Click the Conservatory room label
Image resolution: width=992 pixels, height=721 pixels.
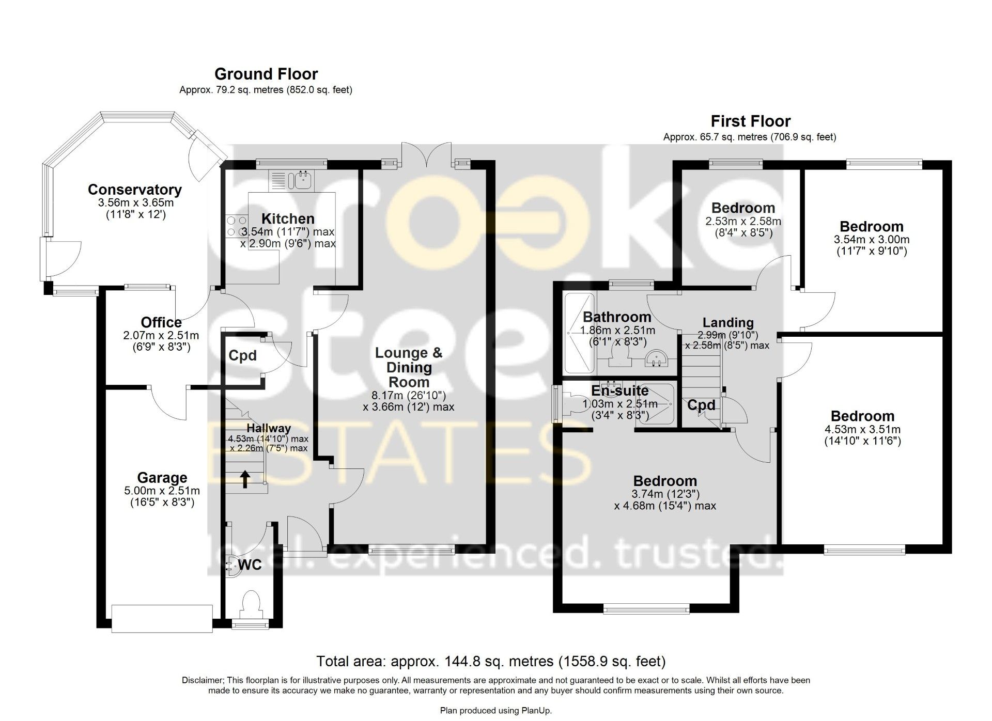click(x=134, y=190)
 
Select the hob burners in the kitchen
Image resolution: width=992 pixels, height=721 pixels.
click(x=236, y=226)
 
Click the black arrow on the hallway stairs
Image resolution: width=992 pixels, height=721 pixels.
click(x=245, y=479)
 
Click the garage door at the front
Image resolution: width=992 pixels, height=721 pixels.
click(x=162, y=618)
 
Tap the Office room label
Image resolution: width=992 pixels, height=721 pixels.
click(x=161, y=322)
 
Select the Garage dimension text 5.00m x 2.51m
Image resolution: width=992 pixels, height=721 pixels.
click(x=162, y=491)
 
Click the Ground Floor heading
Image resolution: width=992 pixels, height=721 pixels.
click(x=266, y=74)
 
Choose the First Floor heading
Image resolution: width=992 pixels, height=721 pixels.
click(x=750, y=121)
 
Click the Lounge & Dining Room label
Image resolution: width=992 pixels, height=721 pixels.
click(x=409, y=368)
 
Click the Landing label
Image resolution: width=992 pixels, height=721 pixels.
click(x=728, y=323)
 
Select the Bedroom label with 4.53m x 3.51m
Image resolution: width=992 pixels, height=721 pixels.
click(x=862, y=416)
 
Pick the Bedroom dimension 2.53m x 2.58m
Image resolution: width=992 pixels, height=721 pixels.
click(x=743, y=222)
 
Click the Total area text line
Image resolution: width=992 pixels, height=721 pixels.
click(x=491, y=661)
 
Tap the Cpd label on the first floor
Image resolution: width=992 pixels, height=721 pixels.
click(x=701, y=405)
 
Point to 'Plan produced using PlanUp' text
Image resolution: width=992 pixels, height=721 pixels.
click(x=496, y=711)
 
